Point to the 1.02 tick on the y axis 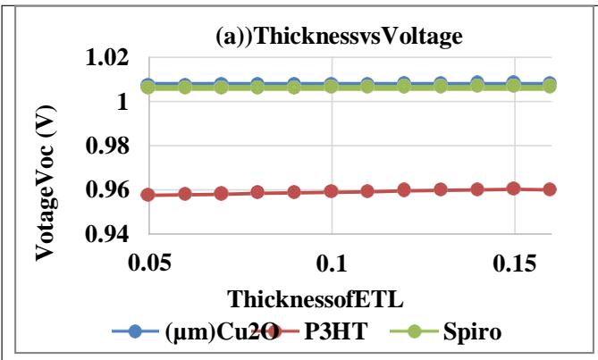pos(105,59)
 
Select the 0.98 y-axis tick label pos(105,146)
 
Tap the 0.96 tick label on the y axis pos(105,190)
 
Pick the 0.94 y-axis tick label pos(105,234)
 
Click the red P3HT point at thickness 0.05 pos(148,194)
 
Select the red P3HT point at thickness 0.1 pos(332,191)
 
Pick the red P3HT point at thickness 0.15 pos(514,188)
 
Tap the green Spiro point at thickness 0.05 pos(148,87)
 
